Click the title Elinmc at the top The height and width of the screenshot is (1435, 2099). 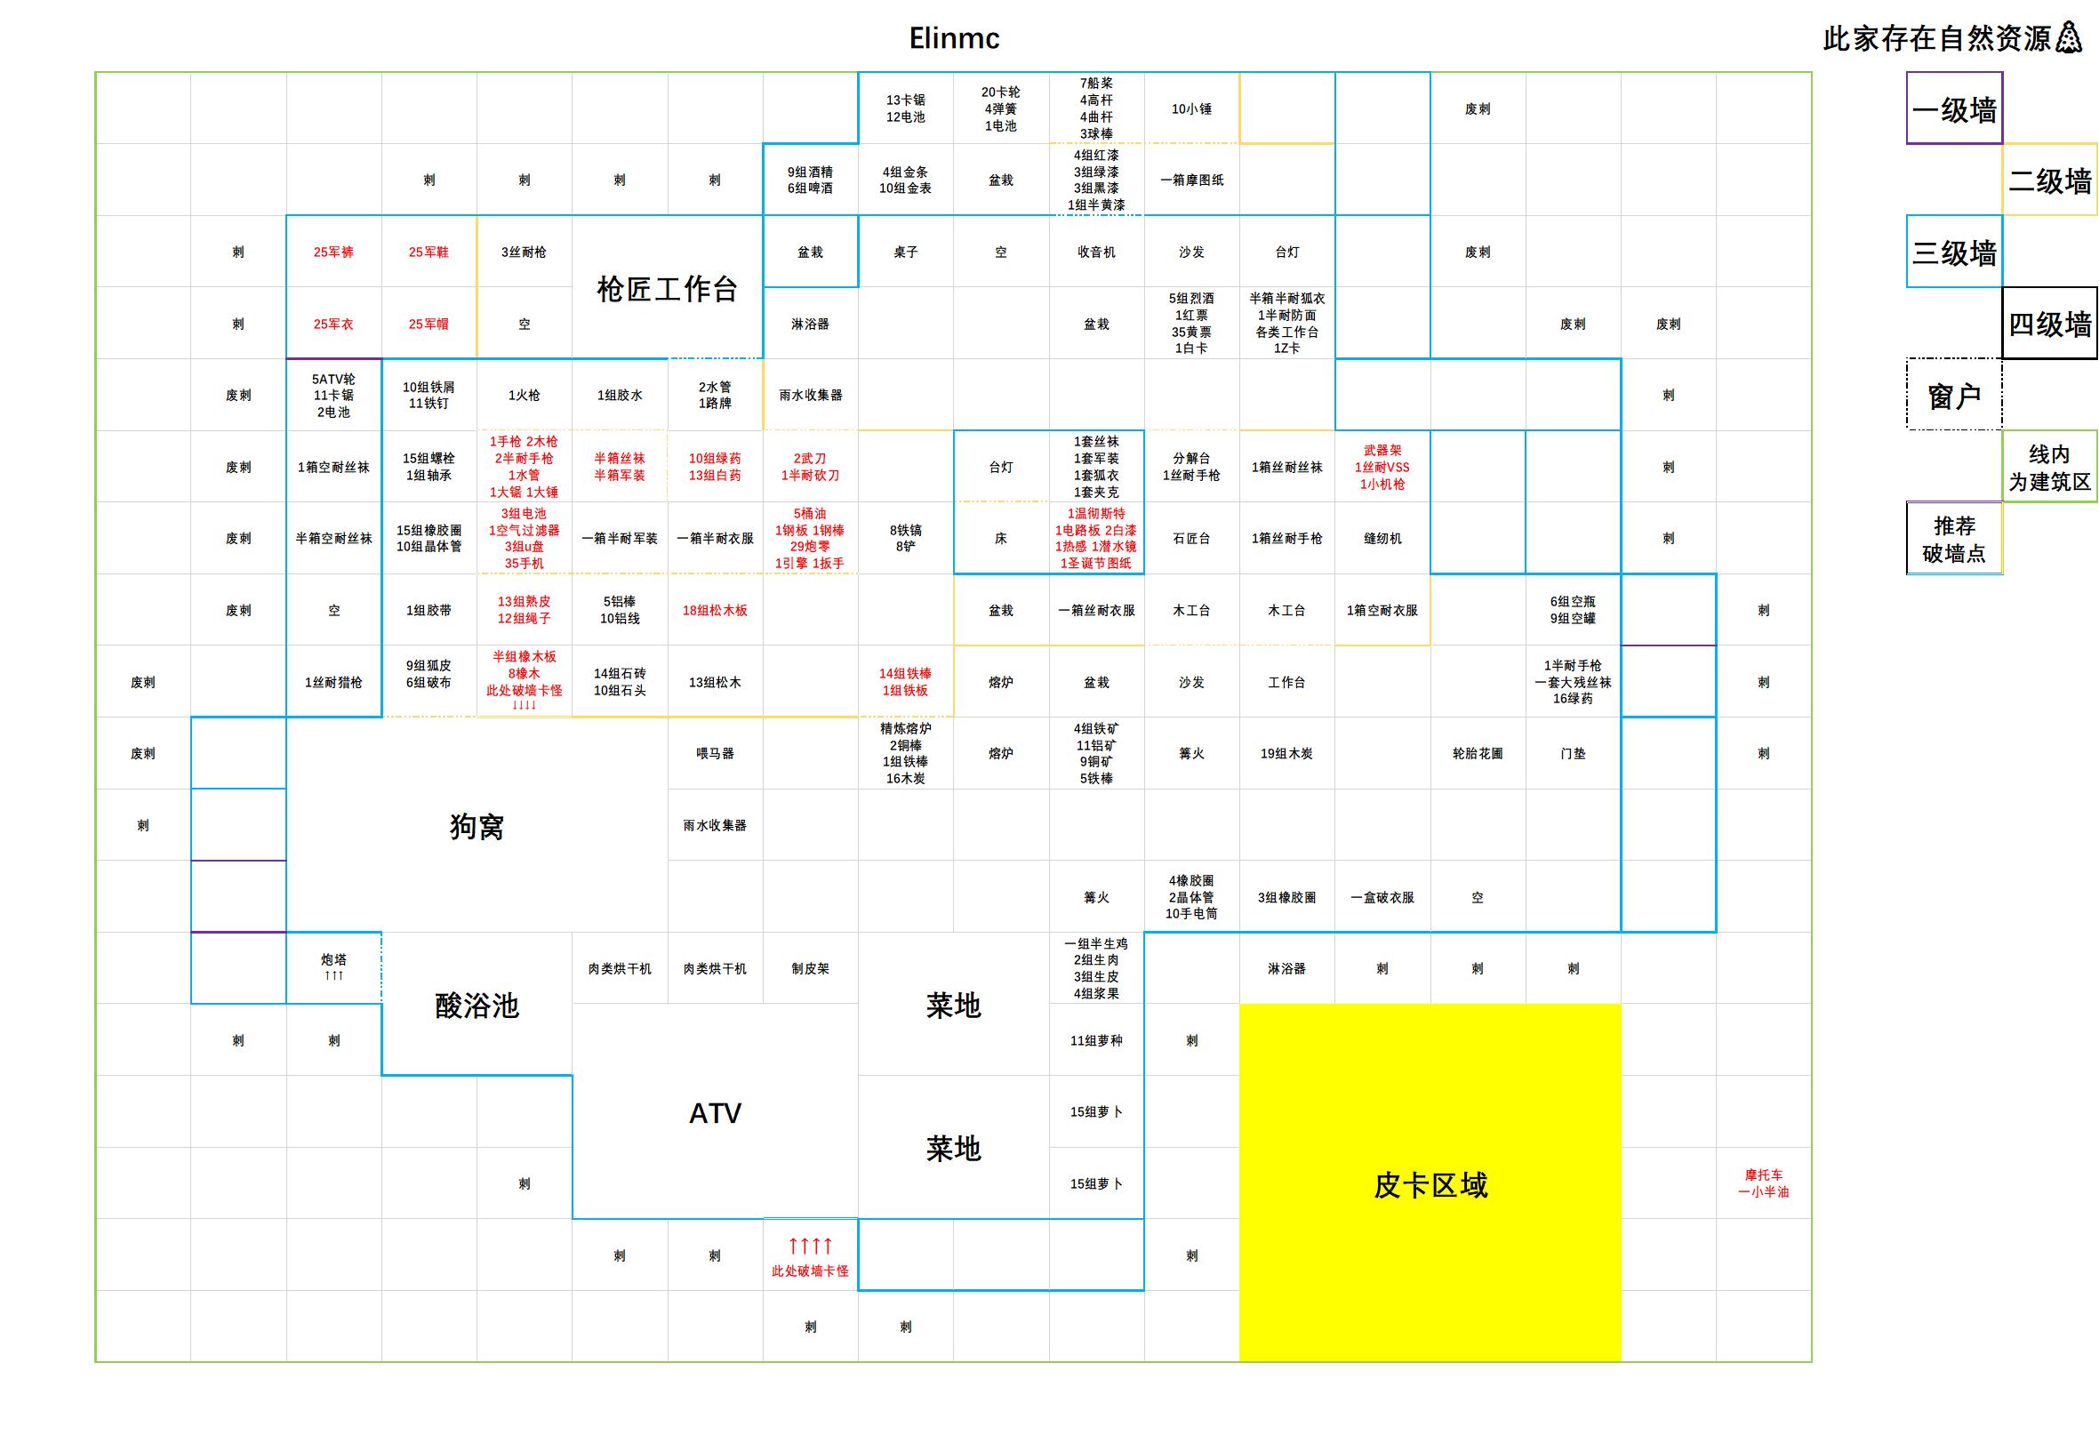[x=954, y=38]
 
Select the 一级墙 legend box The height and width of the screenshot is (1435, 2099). [x=1953, y=109]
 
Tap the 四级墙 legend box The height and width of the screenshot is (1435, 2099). [x=2049, y=324]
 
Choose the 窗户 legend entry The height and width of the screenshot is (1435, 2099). [x=1953, y=396]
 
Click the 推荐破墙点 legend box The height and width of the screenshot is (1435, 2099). [x=1953, y=539]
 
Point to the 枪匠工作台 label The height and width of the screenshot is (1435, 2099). [x=667, y=288]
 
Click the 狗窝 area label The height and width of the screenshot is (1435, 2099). [x=476, y=825]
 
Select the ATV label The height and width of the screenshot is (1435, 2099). [x=715, y=1112]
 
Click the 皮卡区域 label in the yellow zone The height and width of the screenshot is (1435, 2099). [x=1430, y=1184]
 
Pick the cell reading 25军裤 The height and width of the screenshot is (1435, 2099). [x=333, y=252]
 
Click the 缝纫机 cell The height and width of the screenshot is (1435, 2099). [x=1382, y=538]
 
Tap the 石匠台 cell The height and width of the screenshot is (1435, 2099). [x=1191, y=538]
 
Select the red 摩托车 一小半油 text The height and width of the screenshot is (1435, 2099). [x=1763, y=1183]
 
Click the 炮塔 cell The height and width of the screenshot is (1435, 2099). [x=333, y=966]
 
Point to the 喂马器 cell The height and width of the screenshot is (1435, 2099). [x=715, y=753]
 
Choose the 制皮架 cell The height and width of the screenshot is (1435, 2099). [x=810, y=968]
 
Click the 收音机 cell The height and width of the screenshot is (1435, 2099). [x=1095, y=252]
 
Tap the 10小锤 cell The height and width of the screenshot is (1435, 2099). [x=1191, y=108]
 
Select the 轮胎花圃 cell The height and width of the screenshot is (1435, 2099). [x=1477, y=753]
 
